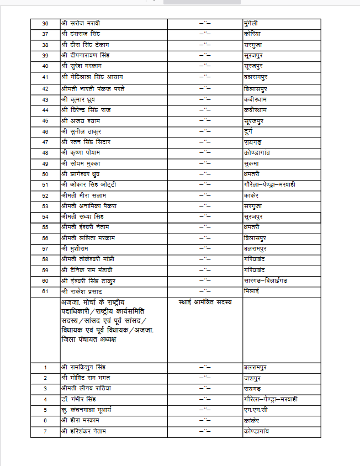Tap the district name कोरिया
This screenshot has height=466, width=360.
[252, 34]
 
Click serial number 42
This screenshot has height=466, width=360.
[45, 88]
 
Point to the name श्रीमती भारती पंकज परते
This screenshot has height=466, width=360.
[97, 88]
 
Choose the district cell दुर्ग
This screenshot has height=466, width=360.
[249, 131]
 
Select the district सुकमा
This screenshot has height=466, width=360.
[252, 163]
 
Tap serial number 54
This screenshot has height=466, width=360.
[45, 217]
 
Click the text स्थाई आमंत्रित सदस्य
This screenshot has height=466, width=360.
[205, 303]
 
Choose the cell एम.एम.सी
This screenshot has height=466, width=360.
[255, 410]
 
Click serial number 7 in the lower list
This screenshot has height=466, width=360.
[45, 431]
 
